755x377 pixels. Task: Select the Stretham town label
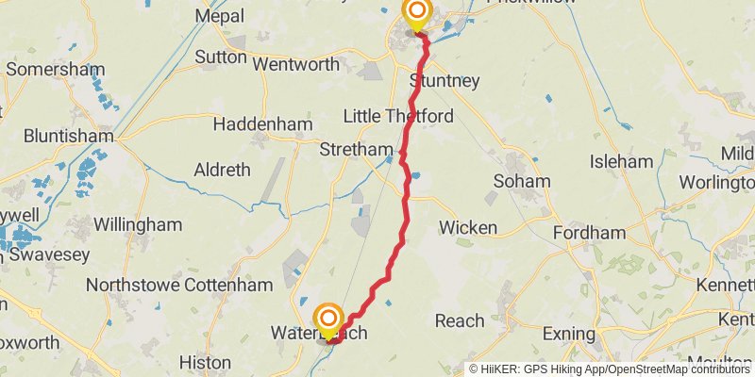pyautogui.click(x=356, y=150)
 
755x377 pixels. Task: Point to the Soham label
pyautogui.click(x=520, y=181)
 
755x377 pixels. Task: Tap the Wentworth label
pyautogui.click(x=296, y=65)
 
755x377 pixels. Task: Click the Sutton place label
pyautogui.click(x=221, y=57)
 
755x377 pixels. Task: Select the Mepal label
pyautogui.click(x=219, y=16)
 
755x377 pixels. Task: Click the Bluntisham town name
pyautogui.click(x=58, y=136)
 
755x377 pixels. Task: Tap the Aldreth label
pyautogui.click(x=222, y=171)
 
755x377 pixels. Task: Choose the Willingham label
pyautogui.click(x=137, y=225)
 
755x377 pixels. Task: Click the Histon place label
pyautogui.click(x=205, y=362)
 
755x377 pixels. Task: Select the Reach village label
pyautogui.click(x=460, y=321)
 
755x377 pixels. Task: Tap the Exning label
pyautogui.click(x=571, y=334)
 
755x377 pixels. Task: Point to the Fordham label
pyautogui.click(x=589, y=233)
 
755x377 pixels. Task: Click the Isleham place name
pyautogui.click(x=621, y=162)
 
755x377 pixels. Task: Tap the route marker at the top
pyautogui.click(x=416, y=13)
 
